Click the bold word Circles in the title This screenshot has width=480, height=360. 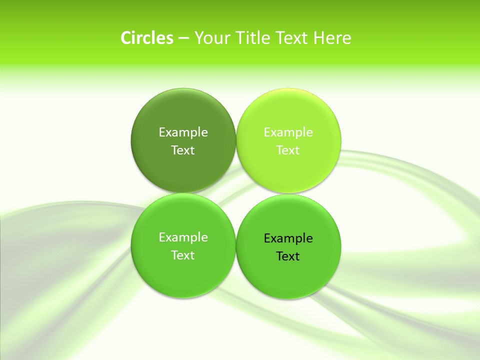pos(147,38)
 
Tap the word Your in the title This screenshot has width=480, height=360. pos(209,38)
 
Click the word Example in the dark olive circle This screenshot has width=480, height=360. pos(183,132)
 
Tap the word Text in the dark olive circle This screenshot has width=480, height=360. pos(183,150)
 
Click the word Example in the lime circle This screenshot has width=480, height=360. pos(288,132)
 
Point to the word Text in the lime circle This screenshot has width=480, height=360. pos(288,150)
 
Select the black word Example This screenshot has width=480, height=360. pos(288,238)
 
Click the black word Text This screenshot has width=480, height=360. pos(288,256)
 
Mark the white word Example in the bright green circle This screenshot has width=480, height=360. pos(183,237)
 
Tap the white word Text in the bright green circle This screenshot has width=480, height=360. pos(183,255)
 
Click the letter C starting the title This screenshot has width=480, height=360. pos(126,38)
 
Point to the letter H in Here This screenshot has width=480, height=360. pos(319,38)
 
